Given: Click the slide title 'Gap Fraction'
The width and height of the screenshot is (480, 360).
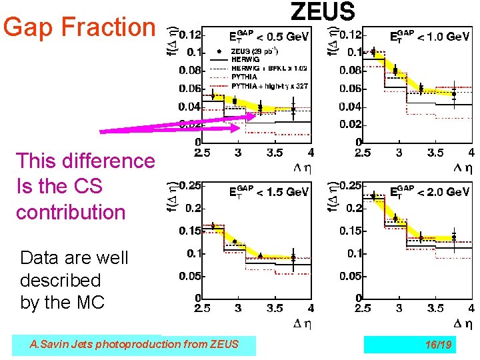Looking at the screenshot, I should tap(79, 27).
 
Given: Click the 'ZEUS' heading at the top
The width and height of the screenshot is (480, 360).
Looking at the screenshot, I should tap(323, 11).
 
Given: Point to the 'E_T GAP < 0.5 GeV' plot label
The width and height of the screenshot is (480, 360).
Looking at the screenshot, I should tap(269, 37).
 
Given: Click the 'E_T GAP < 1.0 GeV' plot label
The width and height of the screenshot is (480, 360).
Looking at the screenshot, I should tap(429, 37).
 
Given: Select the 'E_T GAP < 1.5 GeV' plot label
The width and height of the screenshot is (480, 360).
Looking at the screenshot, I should tap(269, 191).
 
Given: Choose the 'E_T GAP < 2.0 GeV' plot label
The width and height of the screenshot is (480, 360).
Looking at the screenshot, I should tap(429, 191).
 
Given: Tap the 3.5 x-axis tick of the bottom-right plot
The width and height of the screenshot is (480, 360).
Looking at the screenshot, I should tap(435, 309).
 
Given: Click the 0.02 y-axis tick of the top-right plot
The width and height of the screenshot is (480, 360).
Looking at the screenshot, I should tap(350, 124).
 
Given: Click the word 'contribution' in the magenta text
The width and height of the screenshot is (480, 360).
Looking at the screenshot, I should tap(71, 212).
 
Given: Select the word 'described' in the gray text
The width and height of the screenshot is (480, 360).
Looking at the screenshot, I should tap(60, 280).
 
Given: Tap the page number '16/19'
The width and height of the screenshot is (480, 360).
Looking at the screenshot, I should tap(438, 344).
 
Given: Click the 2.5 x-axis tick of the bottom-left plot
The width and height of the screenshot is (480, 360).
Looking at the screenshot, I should tap(202, 309).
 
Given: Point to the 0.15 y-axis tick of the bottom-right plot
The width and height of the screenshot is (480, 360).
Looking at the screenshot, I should tap(350, 230).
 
